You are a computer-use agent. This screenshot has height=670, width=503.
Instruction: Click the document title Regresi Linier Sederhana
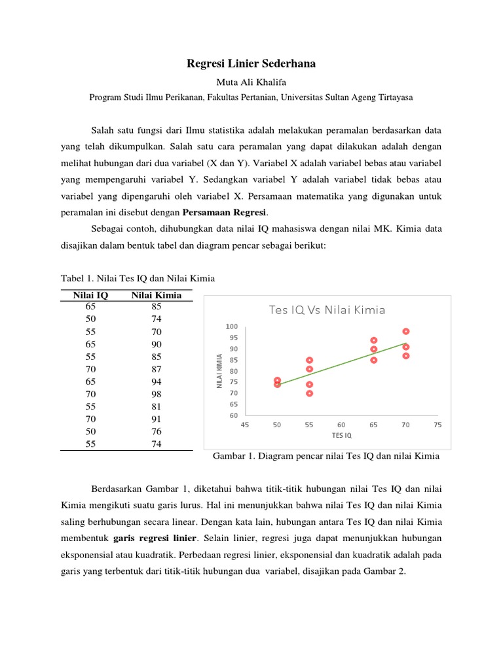point(251,63)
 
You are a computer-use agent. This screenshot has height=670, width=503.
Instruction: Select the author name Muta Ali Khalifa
point(251,82)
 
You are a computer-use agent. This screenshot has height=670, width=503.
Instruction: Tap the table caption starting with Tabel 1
point(138,279)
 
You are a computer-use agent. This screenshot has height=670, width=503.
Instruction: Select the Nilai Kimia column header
point(156,295)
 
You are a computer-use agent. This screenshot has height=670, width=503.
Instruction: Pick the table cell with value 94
point(156,381)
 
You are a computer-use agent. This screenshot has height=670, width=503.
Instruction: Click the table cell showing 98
point(156,394)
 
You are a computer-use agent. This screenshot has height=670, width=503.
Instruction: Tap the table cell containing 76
point(156,431)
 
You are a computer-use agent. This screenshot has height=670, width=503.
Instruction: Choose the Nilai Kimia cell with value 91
point(156,419)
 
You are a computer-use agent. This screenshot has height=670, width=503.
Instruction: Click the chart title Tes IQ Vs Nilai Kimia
point(327,310)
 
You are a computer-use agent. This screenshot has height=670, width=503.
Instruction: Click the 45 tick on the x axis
point(245,425)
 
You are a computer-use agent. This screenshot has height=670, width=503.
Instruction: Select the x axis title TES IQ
point(341,435)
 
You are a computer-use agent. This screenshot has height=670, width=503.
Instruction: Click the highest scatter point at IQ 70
point(406,332)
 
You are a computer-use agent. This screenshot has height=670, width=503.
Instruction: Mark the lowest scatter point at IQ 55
point(309,393)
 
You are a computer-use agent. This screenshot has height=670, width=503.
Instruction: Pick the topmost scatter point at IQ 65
point(373,340)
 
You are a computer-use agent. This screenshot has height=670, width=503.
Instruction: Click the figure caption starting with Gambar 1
point(326,457)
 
